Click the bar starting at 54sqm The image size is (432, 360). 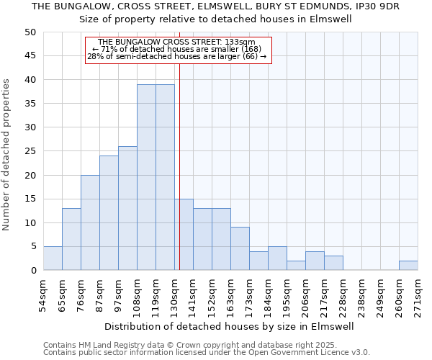point(53,258)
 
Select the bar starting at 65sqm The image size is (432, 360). point(71,239)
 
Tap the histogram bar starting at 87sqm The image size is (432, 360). point(109,213)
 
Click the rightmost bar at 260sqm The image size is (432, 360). point(408,266)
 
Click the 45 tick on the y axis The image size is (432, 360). point(30,56)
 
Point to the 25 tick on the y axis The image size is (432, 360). point(30,151)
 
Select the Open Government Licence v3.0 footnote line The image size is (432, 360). point(207,352)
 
